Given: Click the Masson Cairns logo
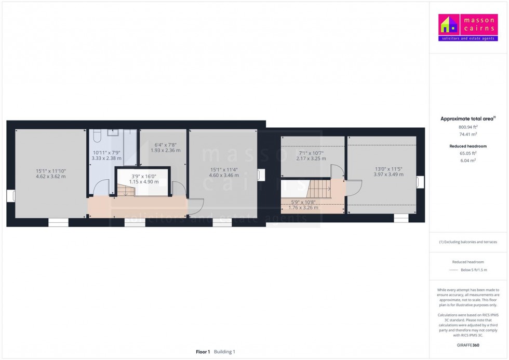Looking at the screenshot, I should tap(468, 28).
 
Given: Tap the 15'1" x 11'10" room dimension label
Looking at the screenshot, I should tap(51, 174).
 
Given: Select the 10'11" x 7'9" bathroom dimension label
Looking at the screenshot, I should tap(106, 155).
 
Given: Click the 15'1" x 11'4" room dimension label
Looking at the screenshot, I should tap(224, 172).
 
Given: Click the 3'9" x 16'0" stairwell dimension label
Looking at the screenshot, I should tap(143, 179).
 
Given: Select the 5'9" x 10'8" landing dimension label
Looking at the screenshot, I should tap(303, 205).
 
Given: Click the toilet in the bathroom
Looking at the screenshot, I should tap(97, 136).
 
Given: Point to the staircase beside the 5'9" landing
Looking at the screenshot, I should tap(318, 189).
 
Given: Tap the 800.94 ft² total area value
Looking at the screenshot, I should tap(468, 127).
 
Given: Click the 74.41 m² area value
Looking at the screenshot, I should tap(468, 134).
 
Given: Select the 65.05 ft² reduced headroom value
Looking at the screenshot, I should tap(468, 153).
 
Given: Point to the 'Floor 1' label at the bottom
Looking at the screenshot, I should tap(203, 352).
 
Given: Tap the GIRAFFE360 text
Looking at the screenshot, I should tap(468, 345).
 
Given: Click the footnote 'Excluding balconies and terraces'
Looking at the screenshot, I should tap(468, 242).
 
